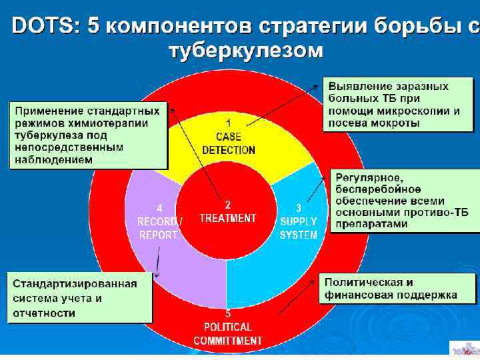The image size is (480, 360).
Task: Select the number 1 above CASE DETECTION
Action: point(228,123)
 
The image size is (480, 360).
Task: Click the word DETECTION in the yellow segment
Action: point(228,150)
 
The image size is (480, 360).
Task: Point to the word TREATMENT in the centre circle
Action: point(228,218)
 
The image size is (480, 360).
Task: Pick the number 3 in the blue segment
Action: point(298,207)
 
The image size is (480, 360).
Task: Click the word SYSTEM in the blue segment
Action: point(298,235)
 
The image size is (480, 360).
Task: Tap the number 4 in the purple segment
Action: point(159,207)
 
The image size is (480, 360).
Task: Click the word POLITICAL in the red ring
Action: point(228,327)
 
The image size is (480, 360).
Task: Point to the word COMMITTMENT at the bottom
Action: point(228,341)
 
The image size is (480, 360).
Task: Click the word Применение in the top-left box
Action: point(45,111)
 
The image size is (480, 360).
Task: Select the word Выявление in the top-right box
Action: point(355,86)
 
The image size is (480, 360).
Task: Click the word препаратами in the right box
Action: point(371,224)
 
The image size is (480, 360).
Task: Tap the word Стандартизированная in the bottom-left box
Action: point(75,283)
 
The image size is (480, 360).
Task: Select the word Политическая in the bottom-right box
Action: point(364,282)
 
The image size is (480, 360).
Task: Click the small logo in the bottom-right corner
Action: point(464,349)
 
